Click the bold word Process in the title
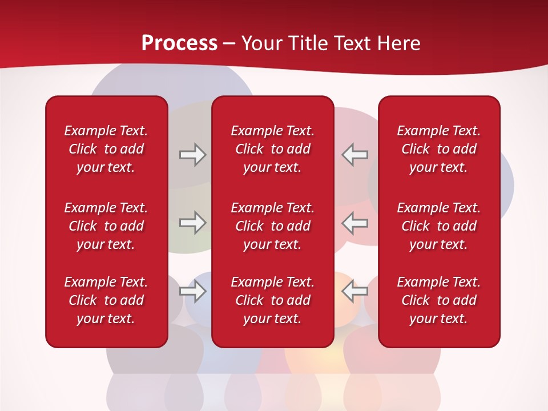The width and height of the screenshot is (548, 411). (179, 43)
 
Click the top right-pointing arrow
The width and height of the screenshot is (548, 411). (192, 155)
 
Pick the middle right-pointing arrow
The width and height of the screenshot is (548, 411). (192, 223)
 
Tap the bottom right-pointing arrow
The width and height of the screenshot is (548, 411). (192, 292)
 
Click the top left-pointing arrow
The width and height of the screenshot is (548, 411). (354, 155)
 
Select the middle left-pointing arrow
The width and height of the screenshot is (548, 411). (354, 223)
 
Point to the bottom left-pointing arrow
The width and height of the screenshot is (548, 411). (354, 292)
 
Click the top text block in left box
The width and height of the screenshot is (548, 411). (106, 149)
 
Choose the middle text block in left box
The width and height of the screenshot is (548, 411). (106, 226)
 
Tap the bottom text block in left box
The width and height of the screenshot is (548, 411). (106, 300)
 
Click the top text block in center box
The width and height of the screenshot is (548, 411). (272, 149)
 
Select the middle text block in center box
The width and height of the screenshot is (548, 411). (272, 226)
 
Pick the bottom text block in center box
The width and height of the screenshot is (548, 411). (272, 300)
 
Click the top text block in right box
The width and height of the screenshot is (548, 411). (438, 149)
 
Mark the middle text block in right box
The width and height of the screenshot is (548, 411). (438, 226)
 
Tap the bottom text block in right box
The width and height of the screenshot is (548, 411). (438, 300)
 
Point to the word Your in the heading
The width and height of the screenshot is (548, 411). (261, 43)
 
